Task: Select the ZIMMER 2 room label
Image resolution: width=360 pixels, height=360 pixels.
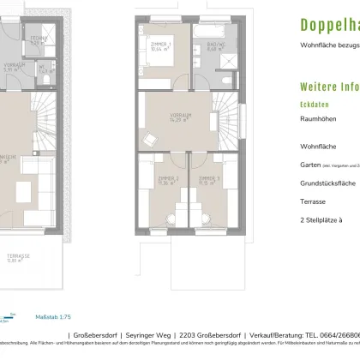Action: click(166, 181)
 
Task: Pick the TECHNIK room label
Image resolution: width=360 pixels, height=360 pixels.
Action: click(37, 40)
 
